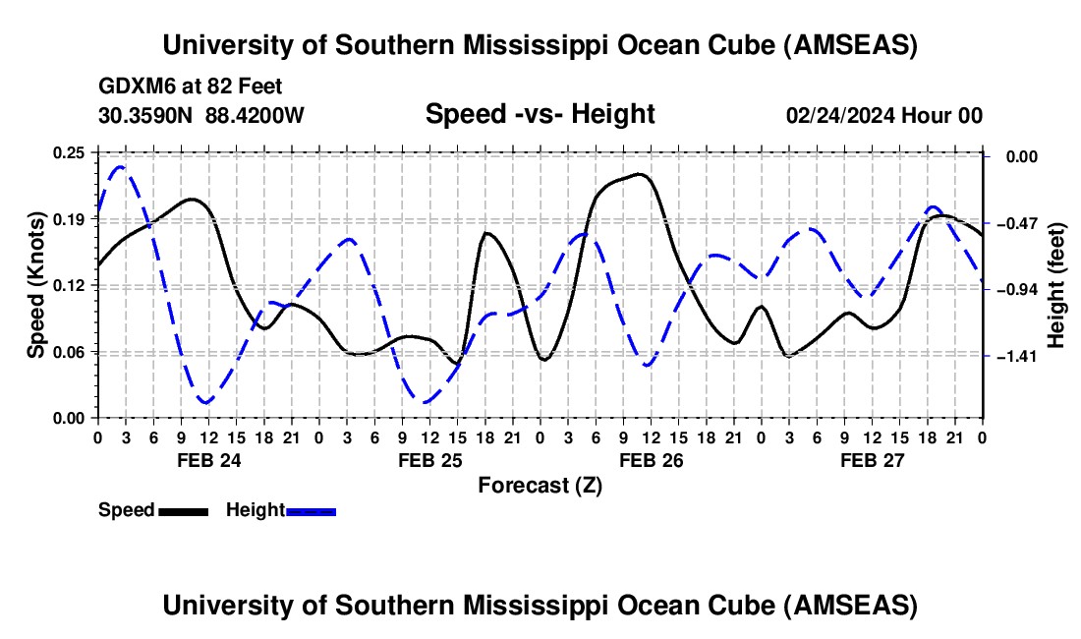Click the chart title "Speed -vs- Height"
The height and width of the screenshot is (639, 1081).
[540, 115]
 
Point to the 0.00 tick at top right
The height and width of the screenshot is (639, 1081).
[1018, 156]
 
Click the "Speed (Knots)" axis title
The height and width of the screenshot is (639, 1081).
[35, 285]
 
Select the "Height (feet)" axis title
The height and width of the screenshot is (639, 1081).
[1056, 285]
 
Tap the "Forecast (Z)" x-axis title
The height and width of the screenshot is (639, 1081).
[540, 485]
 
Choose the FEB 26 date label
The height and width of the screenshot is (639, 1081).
[651, 460]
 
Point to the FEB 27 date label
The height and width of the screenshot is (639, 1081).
[872, 460]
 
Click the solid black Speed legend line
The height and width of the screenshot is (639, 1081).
[183, 511]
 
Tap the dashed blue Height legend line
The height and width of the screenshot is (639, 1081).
[311, 511]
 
